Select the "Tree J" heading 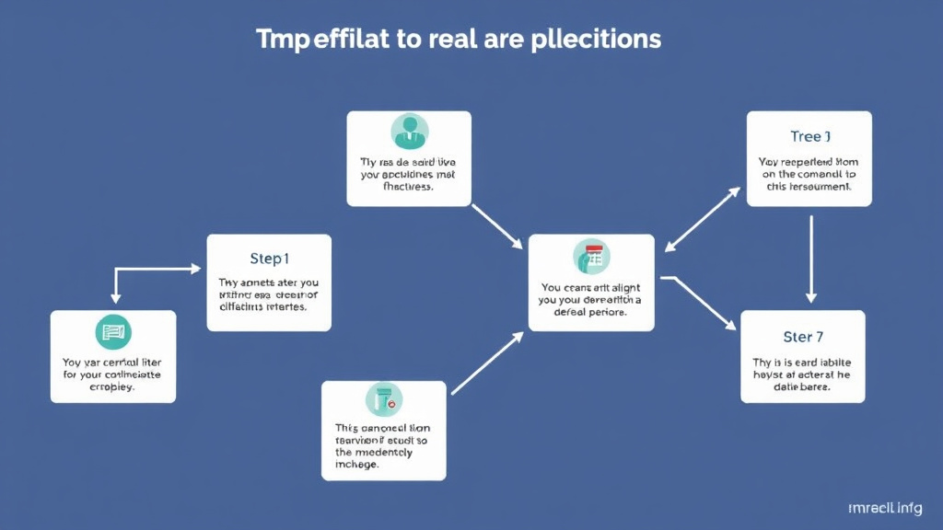[810, 136]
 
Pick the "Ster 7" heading [803, 336]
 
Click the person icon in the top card [409, 132]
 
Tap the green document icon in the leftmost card [112, 331]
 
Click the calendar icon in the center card [591, 256]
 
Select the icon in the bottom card [383, 397]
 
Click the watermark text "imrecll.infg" [887, 508]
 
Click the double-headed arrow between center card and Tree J [703, 219]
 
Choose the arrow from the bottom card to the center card [487, 363]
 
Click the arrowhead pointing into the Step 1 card [195, 269]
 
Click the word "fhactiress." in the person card [408, 186]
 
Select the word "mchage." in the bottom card [357, 465]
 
